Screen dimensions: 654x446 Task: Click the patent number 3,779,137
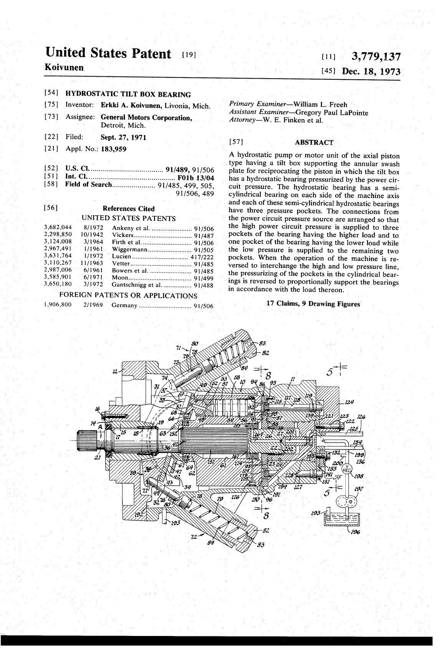[x=376, y=57]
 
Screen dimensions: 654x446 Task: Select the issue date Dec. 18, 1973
[x=371, y=72]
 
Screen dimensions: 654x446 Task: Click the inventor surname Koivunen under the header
[x=65, y=67]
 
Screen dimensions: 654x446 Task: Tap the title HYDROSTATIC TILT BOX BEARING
[x=128, y=94]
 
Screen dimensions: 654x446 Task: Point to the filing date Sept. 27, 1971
[x=123, y=137]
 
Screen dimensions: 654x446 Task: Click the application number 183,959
[x=113, y=149]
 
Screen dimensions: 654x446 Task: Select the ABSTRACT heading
[x=314, y=142]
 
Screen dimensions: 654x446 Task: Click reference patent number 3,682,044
[x=58, y=228]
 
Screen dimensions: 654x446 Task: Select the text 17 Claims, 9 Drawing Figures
[x=313, y=304]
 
